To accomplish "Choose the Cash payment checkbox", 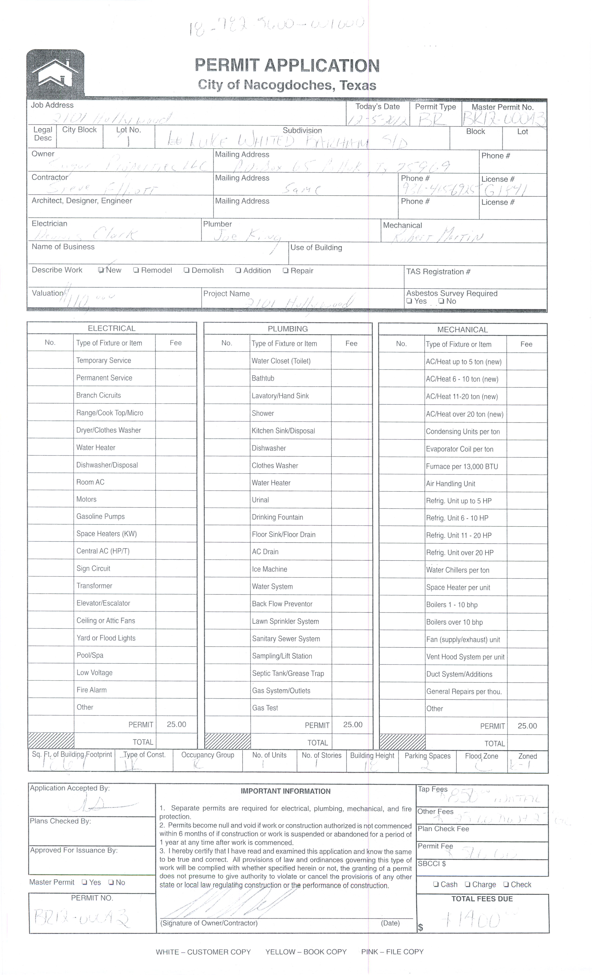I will coord(436,884).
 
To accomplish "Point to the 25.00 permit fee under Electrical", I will coord(176,724).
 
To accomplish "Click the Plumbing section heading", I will coord(288,328).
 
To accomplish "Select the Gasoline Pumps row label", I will coord(101,516).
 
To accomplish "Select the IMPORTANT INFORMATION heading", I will coord(285,791).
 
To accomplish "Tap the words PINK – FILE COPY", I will coord(392,952).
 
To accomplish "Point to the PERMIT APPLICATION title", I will coord(287,65).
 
